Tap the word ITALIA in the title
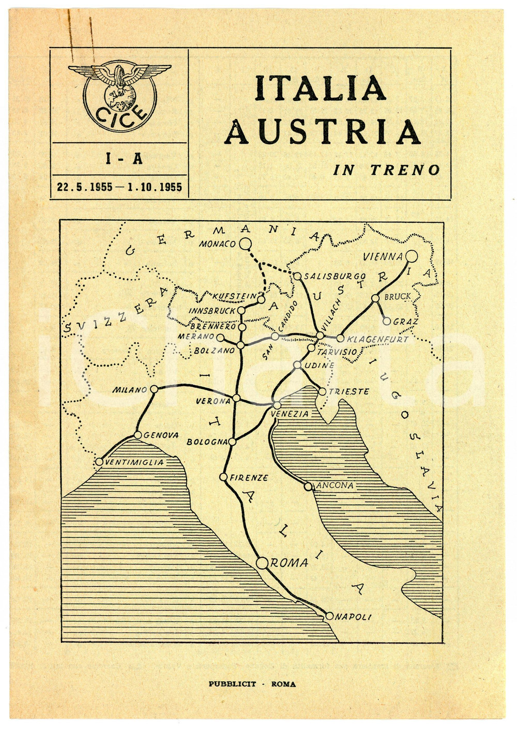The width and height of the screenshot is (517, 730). [320, 88]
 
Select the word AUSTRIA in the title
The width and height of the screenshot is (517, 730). [323, 132]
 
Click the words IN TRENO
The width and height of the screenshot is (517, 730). [386, 170]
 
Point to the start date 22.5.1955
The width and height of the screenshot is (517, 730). [84, 187]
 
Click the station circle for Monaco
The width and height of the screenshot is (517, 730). [246, 244]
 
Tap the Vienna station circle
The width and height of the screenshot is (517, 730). [412, 256]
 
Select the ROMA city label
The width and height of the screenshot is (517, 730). [290, 562]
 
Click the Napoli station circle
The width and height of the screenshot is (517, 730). [329, 616]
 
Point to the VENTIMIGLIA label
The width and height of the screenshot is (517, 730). [134, 462]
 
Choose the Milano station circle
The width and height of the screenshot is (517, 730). [154, 389]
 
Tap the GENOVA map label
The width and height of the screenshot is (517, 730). [161, 435]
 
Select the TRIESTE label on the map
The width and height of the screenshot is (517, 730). [349, 391]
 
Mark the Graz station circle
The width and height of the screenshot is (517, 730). [387, 321]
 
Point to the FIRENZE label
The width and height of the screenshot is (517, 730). [249, 477]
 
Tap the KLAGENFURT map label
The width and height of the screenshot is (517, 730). [377, 339]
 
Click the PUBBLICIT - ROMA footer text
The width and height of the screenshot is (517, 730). [252, 684]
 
